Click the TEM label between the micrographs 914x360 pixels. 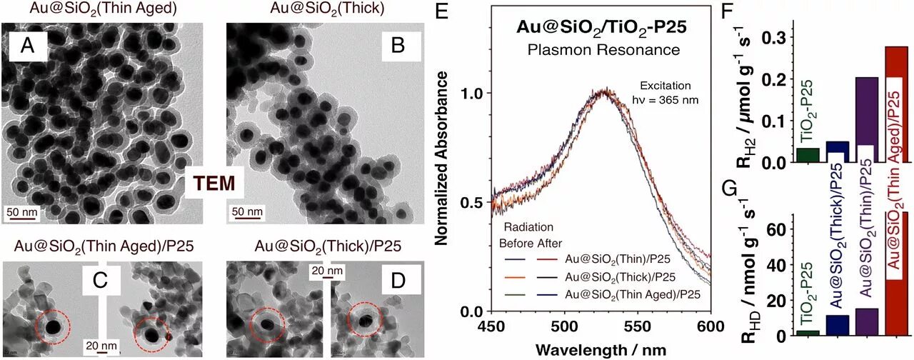click(218, 184)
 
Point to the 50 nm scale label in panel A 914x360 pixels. click(23, 213)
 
